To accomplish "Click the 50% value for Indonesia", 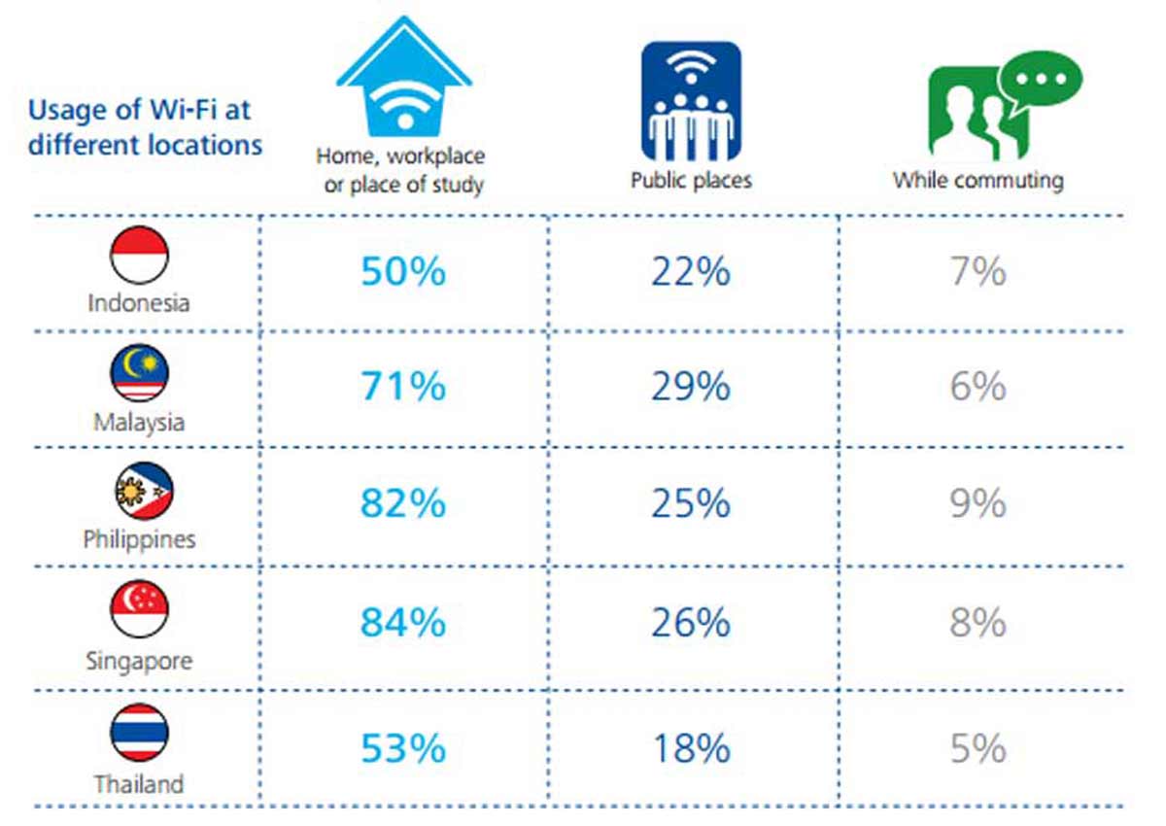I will pyautogui.click(x=403, y=271).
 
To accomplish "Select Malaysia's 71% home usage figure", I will pyautogui.click(x=403, y=387).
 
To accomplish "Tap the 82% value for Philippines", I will pyautogui.click(x=403, y=503).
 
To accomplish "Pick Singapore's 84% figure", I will pyautogui.click(x=403, y=622).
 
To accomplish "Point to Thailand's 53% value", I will pyautogui.click(x=403, y=748).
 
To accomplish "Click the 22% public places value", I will pyautogui.click(x=691, y=271).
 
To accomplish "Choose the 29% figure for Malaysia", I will pyautogui.click(x=691, y=387).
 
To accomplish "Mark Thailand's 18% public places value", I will pyautogui.click(x=691, y=748).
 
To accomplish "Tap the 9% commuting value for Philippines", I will pyautogui.click(x=978, y=503).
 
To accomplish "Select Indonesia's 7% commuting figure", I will pyautogui.click(x=978, y=271).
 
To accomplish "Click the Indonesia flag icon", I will pyautogui.click(x=139, y=255).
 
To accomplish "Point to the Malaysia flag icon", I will pyautogui.click(x=139, y=374).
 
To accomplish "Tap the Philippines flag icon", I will pyautogui.click(x=139, y=492).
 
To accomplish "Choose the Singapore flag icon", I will pyautogui.click(x=139, y=609).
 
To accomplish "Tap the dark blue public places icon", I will pyautogui.click(x=691, y=101).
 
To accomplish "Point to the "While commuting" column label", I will pyautogui.click(x=978, y=180).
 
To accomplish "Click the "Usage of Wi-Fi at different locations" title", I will pyautogui.click(x=145, y=127).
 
